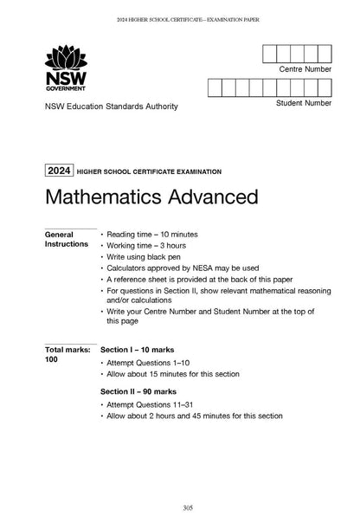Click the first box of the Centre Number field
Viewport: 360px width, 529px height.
pyautogui.click(x=269, y=53)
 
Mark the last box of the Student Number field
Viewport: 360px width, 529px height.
pyautogui.click(x=325, y=87)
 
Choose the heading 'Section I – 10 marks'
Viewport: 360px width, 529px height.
pyautogui.click(x=144, y=349)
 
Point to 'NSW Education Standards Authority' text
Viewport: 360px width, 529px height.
pyautogui.click(x=104, y=106)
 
